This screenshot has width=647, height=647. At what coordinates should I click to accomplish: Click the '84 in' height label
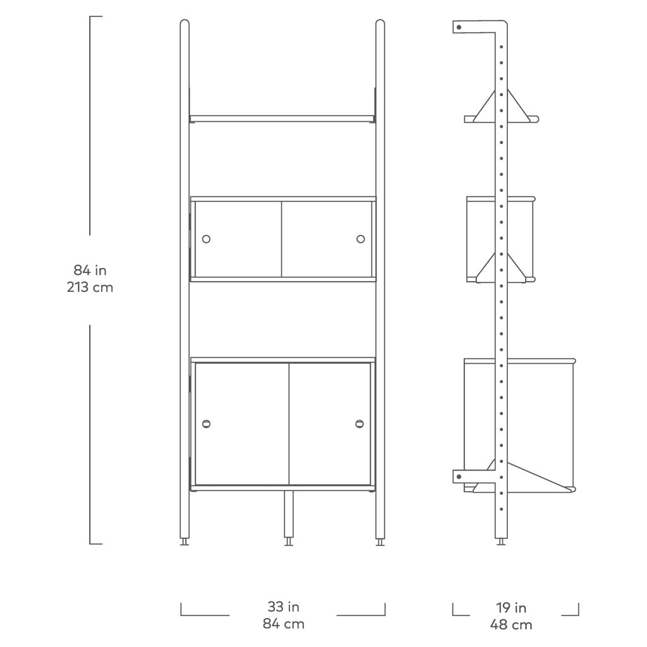coord(90,270)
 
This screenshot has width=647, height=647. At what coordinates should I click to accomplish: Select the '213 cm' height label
coord(90,287)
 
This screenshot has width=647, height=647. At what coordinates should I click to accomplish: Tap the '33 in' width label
coord(283,607)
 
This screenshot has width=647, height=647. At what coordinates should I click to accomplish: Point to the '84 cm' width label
coord(284,624)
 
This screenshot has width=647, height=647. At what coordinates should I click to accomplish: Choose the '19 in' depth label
coord(511,607)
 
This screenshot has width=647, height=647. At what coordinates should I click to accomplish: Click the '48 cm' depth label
coord(511,624)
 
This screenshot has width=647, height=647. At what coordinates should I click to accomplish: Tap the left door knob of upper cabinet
coord(207,239)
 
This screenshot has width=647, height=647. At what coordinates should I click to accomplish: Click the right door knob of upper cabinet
coord(361,239)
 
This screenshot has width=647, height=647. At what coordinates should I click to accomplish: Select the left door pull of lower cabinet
coord(207,424)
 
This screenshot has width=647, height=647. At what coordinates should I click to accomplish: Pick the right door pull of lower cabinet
coord(360,424)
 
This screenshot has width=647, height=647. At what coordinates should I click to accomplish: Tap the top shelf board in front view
coord(282,119)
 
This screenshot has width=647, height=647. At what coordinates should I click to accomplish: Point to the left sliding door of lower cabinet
coord(242,424)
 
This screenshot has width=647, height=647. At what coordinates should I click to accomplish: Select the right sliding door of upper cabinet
coord(327,239)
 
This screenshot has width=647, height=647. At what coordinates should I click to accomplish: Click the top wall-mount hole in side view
coord(459,27)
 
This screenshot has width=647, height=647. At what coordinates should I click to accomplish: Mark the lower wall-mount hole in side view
coord(459,477)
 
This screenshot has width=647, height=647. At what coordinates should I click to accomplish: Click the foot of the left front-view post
coord(184,541)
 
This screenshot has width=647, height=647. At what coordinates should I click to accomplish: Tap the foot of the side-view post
coord(501,541)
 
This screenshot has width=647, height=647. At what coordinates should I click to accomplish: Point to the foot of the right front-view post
coord(380,541)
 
